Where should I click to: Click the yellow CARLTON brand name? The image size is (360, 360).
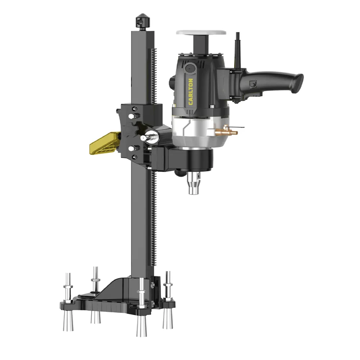pyautogui.click(x=190, y=92)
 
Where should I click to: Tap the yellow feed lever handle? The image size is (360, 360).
pyautogui.click(x=104, y=143)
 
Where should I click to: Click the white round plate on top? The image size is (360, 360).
pyautogui.click(x=201, y=32)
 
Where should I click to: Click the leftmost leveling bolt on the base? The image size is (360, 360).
pyautogui.click(x=68, y=288)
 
